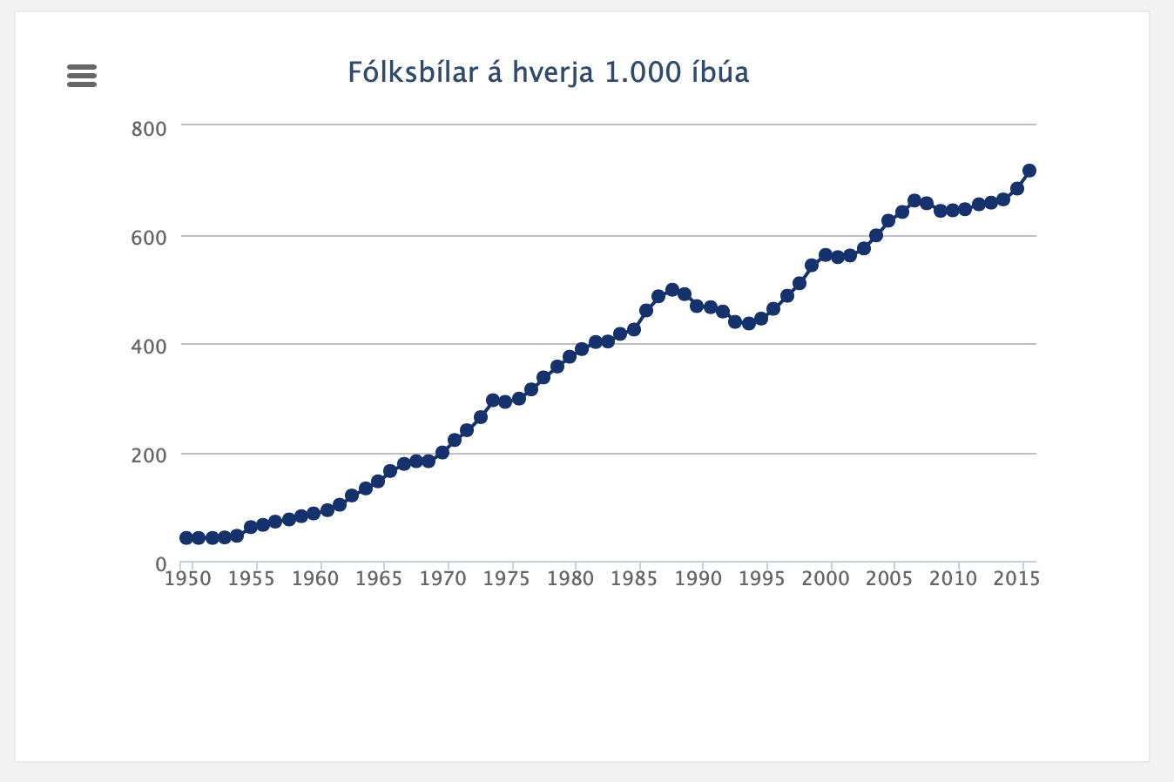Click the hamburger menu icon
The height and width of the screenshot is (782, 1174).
click(x=82, y=76)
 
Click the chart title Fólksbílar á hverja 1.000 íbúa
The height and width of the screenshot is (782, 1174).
click(x=548, y=72)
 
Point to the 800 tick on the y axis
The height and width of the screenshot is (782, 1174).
click(x=149, y=129)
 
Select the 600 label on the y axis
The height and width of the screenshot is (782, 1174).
click(x=149, y=238)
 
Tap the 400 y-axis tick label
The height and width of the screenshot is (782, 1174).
click(x=149, y=347)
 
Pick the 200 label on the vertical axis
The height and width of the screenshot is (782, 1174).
click(x=149, y=455)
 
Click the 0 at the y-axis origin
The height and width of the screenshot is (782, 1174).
click(x=161, y=564)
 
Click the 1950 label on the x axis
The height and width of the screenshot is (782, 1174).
click(x=188, y=579)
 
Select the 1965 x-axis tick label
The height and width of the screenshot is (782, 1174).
click(x=379, y=579)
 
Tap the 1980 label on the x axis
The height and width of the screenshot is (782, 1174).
click(x=570, y=579)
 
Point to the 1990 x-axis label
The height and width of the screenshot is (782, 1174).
click(x=698, y=579)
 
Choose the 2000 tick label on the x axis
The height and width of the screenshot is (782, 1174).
click(x=826, y=579)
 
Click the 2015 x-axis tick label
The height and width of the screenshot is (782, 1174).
click(x=1016, y=579)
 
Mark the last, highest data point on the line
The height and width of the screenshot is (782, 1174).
click(x=1029, y=171)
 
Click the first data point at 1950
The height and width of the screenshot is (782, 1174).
click(x=186, y=538)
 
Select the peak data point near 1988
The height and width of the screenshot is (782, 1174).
click(x=671, y=290)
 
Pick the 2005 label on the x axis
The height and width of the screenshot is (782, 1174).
click(x=889, y=579)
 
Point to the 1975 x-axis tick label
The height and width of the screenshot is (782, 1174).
click(x=507, y=579)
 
